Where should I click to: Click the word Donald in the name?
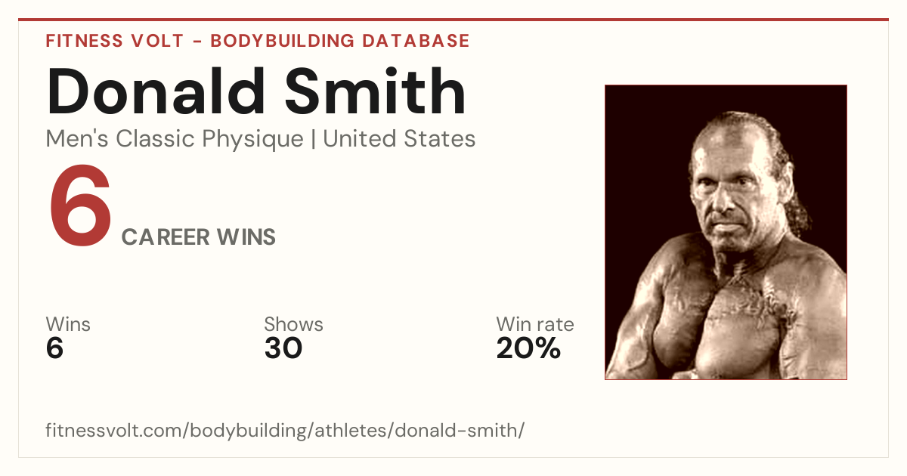click(156, 91)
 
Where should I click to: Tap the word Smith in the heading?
click(375, 91)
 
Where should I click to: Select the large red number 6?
click(80, 206)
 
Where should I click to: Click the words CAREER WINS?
click(198, 237)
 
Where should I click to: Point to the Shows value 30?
click(283, 348)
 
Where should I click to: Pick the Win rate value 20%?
click(528, 348)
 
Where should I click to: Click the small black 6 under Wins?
click(54, 348)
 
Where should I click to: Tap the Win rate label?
click(535, 325)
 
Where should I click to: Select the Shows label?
click(293, 325)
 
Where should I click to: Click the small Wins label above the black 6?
click(68, 325)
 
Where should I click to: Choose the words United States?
click(399, 139)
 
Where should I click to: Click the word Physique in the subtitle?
click(252, 140)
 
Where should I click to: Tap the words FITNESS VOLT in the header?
click(115, 41)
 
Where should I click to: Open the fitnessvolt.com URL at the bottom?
click(285, 430)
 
